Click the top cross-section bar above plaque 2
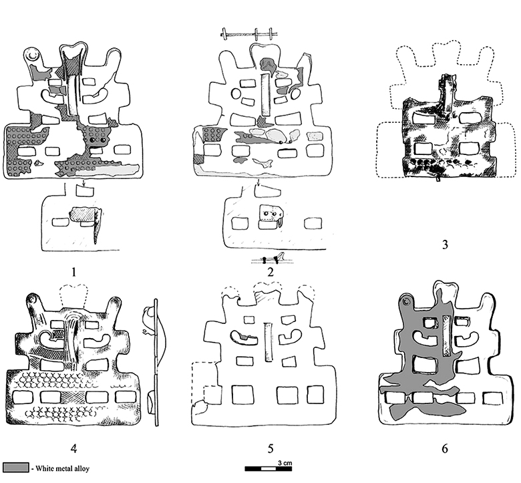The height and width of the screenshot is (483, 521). click(248, 33)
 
